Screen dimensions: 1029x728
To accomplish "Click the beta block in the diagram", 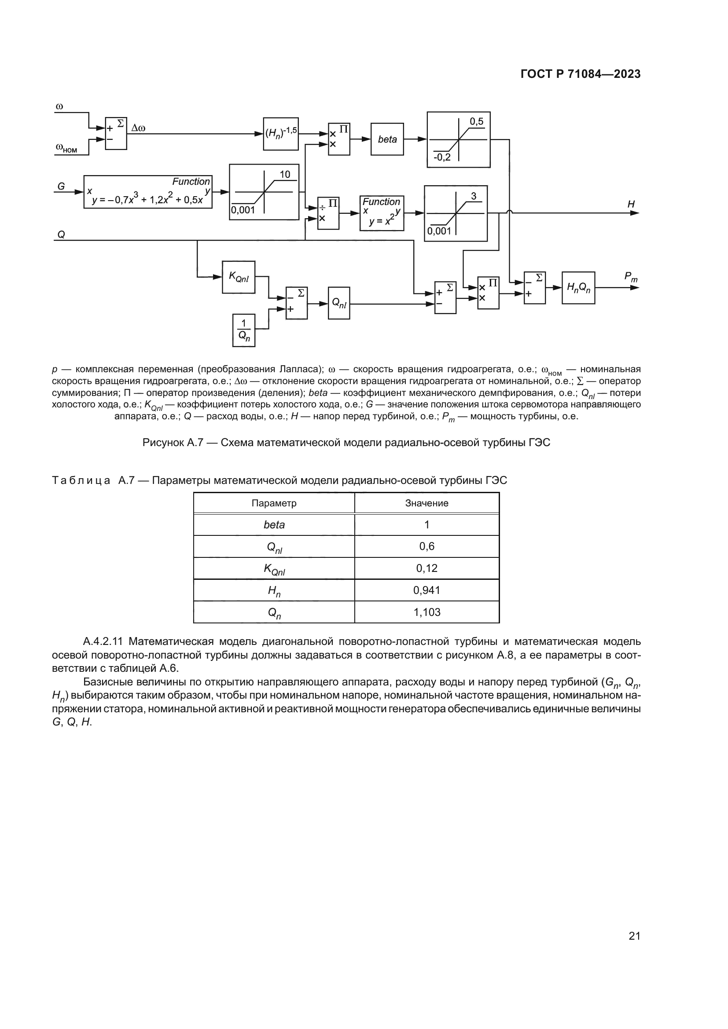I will [x=387, y=139].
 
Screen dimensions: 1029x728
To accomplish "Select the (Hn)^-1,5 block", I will [x=281, y=134].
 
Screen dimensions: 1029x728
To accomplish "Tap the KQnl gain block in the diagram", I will [x=239, y=278].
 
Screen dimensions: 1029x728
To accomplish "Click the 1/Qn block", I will [x=244, y=330].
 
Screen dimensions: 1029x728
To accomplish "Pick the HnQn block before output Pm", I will [x=578, y=288].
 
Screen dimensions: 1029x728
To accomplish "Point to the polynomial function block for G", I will [x=148, y=192].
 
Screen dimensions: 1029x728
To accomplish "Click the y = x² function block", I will [x=382, y=213].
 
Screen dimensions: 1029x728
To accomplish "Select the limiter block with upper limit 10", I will [x=264, y=192].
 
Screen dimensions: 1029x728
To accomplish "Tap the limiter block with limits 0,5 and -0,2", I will [x=459, y=140].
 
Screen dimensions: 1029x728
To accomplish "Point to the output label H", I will [x=631, y=205].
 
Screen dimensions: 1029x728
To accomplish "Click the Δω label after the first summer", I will [x=138, y=128].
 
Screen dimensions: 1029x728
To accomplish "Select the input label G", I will [x=62, y=187].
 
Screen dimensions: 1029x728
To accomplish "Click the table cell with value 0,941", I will [x=427, y=590].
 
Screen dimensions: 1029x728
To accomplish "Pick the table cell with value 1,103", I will [x=427, y=612].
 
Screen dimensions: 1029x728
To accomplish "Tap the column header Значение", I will [x=427, y=503].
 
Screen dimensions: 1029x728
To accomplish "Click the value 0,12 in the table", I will [x=427, y=568].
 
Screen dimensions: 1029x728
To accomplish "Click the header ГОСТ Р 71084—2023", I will [x=581, y=74].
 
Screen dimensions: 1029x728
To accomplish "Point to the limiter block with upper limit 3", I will [x=456, y=213].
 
